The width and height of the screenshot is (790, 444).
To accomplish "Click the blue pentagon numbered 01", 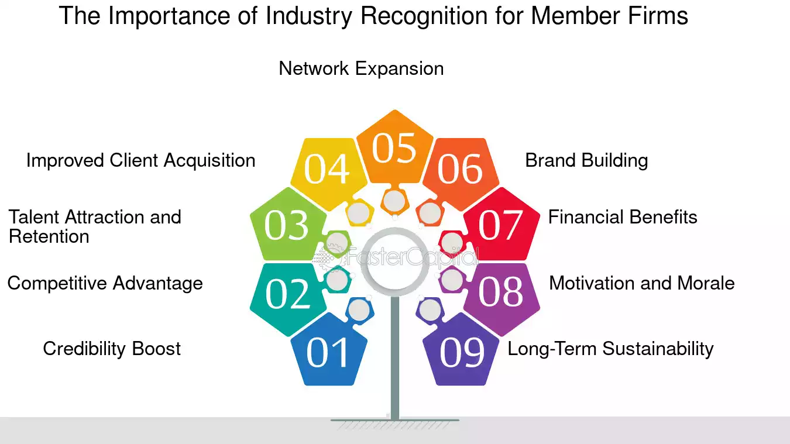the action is pyautogui.click(x=329, y=351).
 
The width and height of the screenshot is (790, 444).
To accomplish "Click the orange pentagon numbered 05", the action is pyautogui.click(x=394, y=148).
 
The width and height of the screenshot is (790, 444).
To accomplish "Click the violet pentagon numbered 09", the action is pyautogui.click(x=461, y=351).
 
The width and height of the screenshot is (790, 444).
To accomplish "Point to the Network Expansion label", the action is pyautogui.click(x=361, y=69).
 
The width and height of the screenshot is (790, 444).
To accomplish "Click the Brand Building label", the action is pyautogui.click(x=586, y=161).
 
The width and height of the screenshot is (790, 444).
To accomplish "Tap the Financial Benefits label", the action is pyautogui.click(x=623, y=217).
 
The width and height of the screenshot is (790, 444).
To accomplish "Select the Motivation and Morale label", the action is pyautogui.click(x=642, y=283).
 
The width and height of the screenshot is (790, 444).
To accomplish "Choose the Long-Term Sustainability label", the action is pyautogui.click(x=610, y=349).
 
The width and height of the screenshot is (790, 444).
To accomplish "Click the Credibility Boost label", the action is pyautogui.click(x=112, y=349).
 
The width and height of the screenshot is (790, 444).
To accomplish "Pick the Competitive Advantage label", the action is pyautogui.click(x=105, y=284).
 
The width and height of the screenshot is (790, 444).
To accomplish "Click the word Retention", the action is pyautogui.click(x=49, y=236).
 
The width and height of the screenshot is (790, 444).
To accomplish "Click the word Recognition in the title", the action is pyautogui.click(x=424, y=16).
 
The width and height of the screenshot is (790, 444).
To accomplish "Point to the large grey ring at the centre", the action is pyautogui.click(x=394, y=229).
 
